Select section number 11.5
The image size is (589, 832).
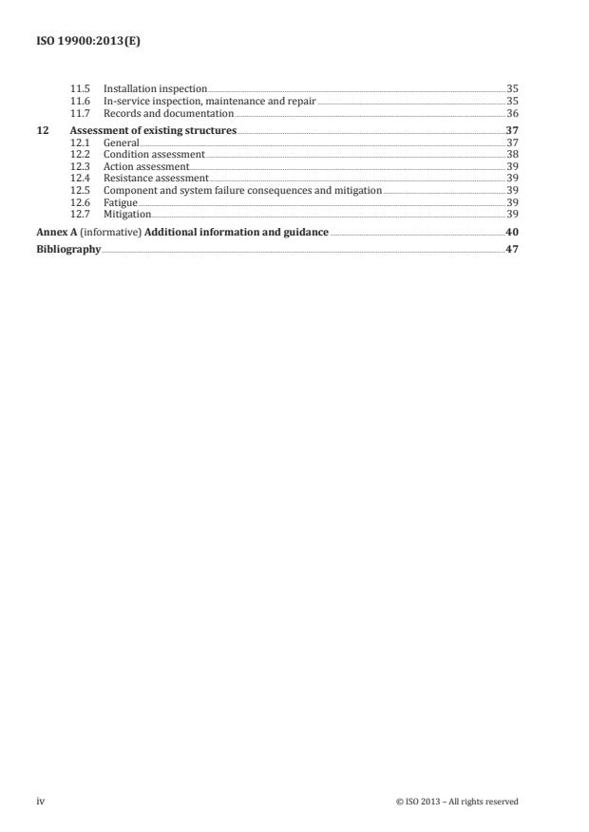(x=82, y=88)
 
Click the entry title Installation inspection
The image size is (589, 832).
(x=155, y=88)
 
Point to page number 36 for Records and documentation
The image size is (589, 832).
(x=512, y=113)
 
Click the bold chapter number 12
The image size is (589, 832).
(x=43, y=129)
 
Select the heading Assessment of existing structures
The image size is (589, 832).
(x=153, y=129)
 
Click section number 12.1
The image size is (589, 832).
(x=82, y=142)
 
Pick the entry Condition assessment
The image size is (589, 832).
(x=154, y=154)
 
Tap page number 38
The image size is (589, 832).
(x=512, y=154)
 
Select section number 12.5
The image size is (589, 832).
(x=82, y=191)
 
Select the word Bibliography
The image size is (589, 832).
(x=68, y=250)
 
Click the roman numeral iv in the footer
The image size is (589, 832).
(x=41, y=802)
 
